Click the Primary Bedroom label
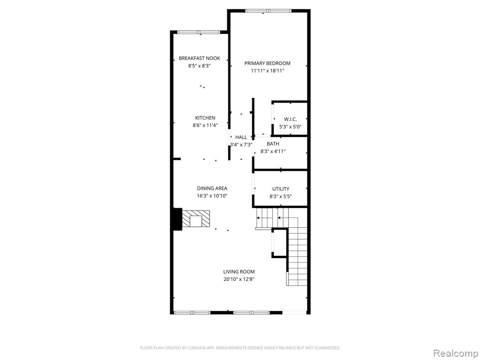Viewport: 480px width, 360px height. (267, 63)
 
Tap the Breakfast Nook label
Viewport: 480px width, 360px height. (199, 58)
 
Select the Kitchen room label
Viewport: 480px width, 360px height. (205, 118)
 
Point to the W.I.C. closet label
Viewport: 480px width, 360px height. (290, 119)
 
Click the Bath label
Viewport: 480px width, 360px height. (273, 144)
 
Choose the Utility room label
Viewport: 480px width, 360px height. (281, 189)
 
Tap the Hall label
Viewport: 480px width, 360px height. (241, 137)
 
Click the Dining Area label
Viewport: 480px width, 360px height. (212, 188)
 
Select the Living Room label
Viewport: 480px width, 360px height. (239, 271)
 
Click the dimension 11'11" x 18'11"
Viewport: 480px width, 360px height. (268, 71)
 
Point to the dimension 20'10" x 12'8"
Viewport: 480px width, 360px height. (239, 279)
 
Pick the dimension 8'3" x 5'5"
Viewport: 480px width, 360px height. (281, 196)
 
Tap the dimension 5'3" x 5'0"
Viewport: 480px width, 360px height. (290, 127)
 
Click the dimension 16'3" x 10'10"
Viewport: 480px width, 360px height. (212, 196)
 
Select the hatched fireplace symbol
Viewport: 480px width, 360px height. (196, 218)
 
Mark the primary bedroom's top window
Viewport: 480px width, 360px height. (268, 11)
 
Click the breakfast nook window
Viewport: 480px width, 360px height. (199, 32)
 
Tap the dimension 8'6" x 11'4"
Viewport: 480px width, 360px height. (205, 125)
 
